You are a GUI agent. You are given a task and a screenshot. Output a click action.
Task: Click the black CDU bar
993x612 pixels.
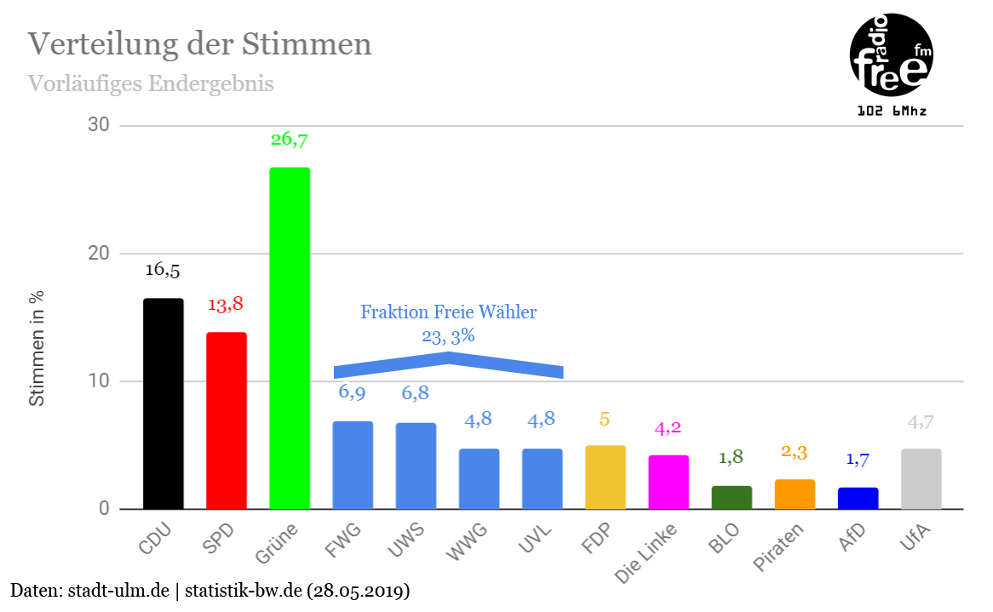163,403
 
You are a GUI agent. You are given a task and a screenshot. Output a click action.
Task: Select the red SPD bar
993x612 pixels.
227,420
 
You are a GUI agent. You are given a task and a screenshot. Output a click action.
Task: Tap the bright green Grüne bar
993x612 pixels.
290,338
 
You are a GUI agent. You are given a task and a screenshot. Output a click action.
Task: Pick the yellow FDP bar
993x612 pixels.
606,477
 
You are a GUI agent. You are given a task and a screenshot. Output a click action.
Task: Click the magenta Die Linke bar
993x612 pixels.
669,482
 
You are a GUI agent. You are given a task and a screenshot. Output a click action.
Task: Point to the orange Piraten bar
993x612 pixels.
795,494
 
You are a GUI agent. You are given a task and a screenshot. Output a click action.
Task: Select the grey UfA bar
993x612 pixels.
921,478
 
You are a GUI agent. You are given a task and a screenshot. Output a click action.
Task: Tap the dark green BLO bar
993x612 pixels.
732,497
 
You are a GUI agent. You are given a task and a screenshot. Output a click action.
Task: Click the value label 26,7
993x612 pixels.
290,139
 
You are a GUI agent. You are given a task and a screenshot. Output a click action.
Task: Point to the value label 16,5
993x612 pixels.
163,271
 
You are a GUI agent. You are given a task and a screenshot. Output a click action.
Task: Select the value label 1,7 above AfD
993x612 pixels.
858,460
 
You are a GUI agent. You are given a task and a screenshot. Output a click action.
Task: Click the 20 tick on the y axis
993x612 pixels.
99,254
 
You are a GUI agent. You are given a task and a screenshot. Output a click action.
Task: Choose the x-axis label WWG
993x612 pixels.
468,545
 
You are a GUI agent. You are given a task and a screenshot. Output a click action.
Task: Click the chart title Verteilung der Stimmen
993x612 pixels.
200,44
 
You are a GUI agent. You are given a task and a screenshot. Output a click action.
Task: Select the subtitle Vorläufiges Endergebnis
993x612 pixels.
151,84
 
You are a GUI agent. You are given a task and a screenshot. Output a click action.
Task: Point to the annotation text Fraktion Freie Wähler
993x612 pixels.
448,312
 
